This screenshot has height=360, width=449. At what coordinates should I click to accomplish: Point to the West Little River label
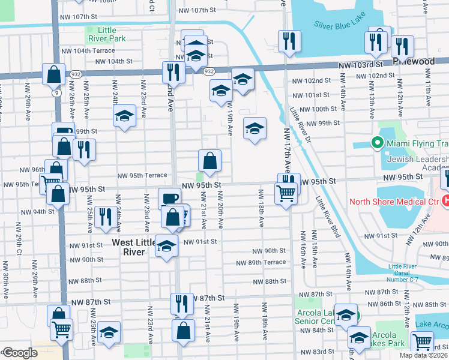128,247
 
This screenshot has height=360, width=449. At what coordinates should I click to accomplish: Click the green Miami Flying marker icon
378,143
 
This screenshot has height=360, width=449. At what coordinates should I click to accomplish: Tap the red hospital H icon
445,200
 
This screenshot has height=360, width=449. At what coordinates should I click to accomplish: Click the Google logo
19,353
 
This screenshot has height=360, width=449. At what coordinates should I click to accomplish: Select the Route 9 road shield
56,93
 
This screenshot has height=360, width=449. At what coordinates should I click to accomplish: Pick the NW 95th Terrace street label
142,175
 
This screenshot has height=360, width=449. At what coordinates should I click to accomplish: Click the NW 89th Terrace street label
261,263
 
